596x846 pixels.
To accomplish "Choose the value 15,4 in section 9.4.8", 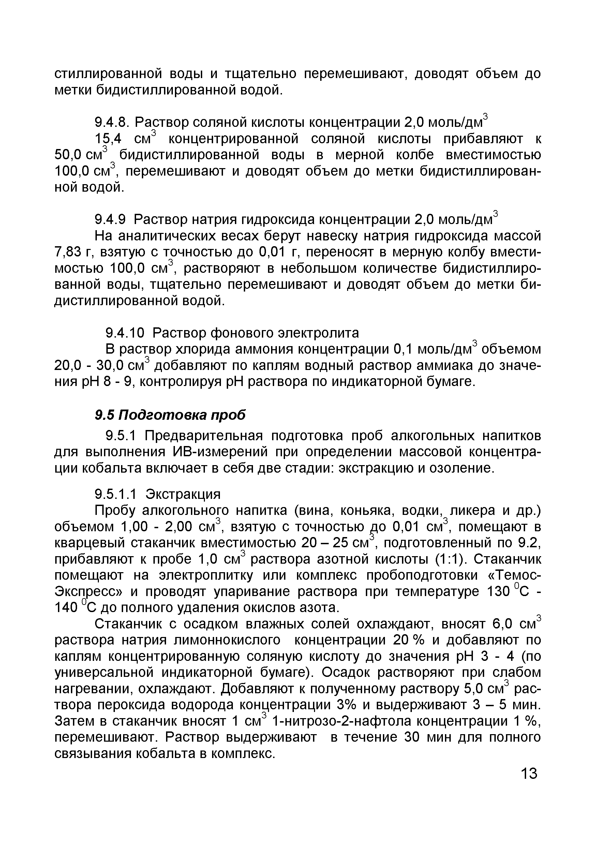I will point(108,139).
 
